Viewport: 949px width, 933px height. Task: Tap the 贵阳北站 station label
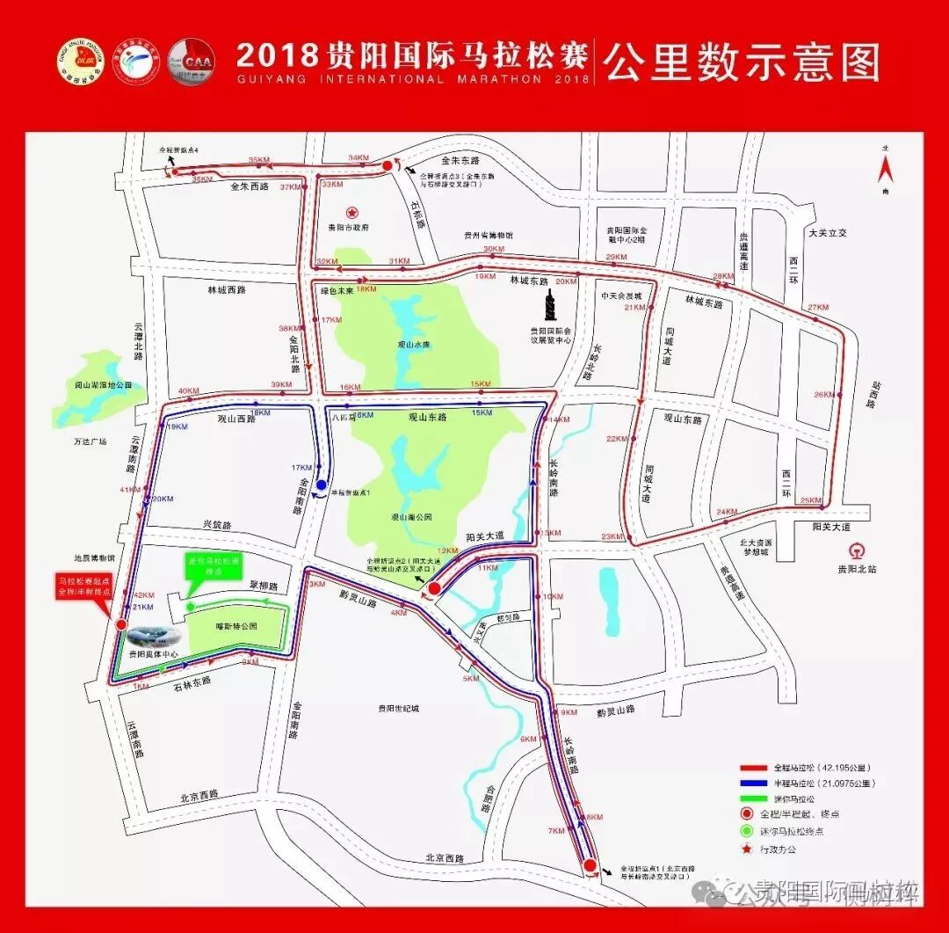pos(858,569)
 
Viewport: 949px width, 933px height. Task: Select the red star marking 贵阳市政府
pos(351,212)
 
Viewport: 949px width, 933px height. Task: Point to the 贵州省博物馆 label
pos(488,236)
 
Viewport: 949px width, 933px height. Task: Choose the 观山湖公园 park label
pos(411,518)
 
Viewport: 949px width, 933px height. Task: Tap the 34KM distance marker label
pos(359,158)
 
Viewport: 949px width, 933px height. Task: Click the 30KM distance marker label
pos(494,249)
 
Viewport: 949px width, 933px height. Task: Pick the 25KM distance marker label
pos(810,501)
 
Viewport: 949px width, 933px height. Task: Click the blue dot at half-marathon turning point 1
pos(322,485)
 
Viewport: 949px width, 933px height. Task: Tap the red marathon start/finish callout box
pos(85,587)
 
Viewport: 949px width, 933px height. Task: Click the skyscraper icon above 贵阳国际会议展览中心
pos(551,305)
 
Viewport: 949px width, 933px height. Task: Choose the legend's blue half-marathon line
pos(755,784)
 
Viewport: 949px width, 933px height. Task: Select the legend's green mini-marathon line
pos(755,799)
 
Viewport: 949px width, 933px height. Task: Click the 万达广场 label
pos(90,441)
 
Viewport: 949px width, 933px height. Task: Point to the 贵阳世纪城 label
pos(399,709)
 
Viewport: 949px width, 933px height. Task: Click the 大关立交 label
pos(827,232)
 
